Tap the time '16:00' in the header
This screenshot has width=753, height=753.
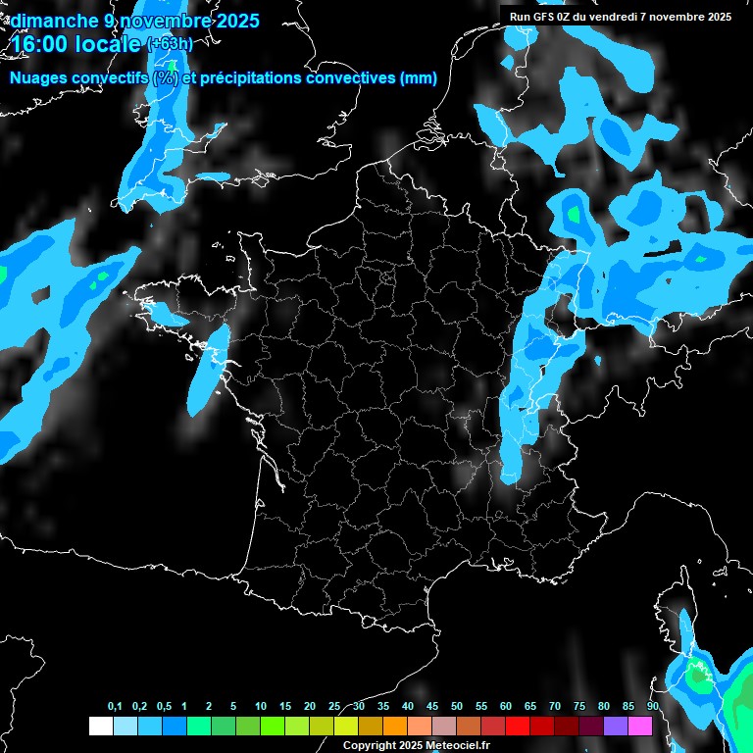tap(42, 44)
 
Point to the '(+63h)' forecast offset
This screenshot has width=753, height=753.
tap(169, 44)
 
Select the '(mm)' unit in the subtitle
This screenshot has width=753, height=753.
tap(419, 78)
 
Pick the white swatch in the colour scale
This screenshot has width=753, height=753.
tap(100, 726)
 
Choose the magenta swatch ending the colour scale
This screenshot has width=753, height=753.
tap(640, 726)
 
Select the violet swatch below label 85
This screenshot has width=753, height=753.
tap(616, 726)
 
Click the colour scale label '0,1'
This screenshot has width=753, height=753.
tap(115, 707)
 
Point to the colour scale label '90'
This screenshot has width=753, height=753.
tap(652, 707)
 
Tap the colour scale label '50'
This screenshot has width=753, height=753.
tap(457, 707)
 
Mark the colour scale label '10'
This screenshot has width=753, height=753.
tap(261, 707)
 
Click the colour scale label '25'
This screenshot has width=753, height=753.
tap(334, 707)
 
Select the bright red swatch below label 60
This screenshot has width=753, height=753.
tap(518, 726)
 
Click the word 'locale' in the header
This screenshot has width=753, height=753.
tap(104, 44)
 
